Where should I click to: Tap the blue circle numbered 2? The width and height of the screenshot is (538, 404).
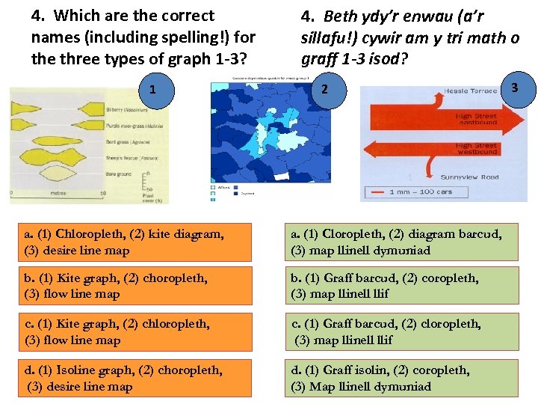(323, 89)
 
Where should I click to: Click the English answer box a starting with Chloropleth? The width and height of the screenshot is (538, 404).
(135, 242)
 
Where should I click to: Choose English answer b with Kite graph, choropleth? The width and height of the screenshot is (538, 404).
(135, 286)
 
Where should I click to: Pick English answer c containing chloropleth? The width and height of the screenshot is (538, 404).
(135, 331)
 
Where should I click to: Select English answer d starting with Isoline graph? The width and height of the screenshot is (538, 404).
(135, 378)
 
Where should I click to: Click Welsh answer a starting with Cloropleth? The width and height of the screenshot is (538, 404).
(403, 242)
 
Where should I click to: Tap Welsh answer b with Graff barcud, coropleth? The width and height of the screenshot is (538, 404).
(403, 286)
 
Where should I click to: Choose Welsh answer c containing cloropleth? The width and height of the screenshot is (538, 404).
(403, 331)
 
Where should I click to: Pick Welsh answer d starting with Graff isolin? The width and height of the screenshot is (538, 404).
(403, 378)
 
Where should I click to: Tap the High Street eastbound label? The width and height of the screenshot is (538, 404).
(475, 120)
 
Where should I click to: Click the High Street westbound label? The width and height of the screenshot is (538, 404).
(475, 148)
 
